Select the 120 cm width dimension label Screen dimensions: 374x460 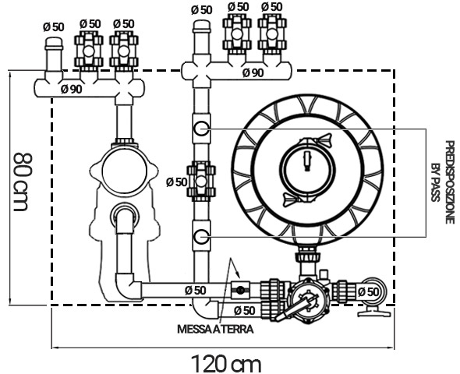(x=226, y=362)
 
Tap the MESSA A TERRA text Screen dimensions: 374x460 (x=215, y=329)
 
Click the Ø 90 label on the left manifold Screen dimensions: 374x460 (x=72, y=89)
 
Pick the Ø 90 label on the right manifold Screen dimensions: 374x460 (x=252, y=72)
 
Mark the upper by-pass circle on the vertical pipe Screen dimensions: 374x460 (x=202, y=129)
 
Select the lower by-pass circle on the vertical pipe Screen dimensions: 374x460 (x=202, y=235)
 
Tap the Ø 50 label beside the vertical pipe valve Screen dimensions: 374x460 (x=176, y=182)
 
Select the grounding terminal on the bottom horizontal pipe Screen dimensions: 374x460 (x=240, y=291)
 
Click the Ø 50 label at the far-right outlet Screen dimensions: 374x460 (x=369, y=291)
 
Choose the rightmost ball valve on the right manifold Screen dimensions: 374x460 (x=271, y=35)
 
